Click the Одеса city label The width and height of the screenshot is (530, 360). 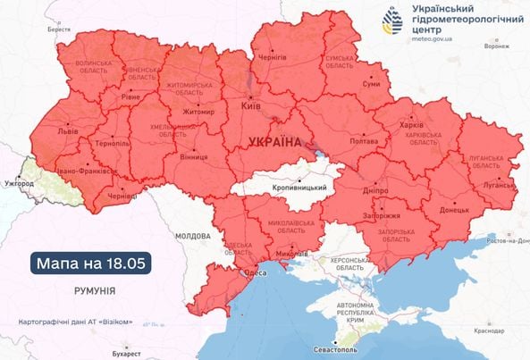point(255,274)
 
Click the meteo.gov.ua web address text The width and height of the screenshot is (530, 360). point(432,39)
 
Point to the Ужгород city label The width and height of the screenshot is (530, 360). point(18,183)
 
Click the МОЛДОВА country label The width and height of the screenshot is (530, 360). point(192,235)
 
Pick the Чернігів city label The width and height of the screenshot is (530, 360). point(273,56)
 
